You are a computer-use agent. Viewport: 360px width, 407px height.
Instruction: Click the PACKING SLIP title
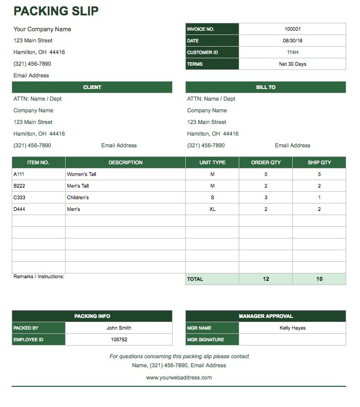[x=56, y=11]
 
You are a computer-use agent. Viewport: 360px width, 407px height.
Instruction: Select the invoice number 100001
[x=292, y=29]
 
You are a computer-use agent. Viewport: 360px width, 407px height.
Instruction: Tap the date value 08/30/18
[x=292, y=41]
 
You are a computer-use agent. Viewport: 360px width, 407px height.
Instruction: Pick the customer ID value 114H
[x=292, y=52]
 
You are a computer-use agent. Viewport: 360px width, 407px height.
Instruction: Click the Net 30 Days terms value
[x=292, y=64]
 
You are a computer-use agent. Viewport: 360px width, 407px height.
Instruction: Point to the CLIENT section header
[x=92, y=87]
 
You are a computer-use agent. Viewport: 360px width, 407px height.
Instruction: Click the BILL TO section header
[x=265, y=87]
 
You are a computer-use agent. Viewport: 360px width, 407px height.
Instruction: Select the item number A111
[x=19, y=174]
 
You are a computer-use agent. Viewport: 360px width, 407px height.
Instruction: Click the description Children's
[x=78, y=198]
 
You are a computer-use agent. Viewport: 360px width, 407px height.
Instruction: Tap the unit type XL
[x=212, y=209]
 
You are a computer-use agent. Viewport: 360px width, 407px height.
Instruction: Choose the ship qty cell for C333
[x=319, y=198]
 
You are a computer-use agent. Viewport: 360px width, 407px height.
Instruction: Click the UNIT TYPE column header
[x=212, y=163]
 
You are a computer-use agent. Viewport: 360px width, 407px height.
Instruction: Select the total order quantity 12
[x=266, y=279]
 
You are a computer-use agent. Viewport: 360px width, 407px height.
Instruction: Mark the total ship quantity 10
[x=319, y=279]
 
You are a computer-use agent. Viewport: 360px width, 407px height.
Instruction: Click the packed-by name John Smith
[x=119, y=328]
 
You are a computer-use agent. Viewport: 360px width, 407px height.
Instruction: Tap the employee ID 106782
[x=119, y=340]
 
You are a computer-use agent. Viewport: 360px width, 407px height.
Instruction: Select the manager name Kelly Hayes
[x=292, y=328]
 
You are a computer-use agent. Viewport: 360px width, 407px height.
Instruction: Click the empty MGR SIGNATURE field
[x=292, y=340]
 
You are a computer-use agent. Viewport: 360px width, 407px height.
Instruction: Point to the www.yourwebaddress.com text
[x=179, y=378]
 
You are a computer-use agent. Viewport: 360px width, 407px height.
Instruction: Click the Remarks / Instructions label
[x=39, y=277]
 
